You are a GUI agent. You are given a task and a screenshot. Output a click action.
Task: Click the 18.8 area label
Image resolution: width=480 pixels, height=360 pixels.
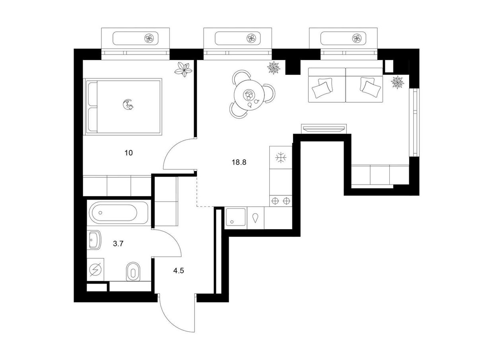point(239,162)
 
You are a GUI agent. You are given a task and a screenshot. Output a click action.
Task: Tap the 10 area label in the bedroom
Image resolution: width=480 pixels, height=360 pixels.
point(128,153)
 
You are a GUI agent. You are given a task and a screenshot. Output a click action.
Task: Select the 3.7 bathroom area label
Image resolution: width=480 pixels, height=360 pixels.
point(118,243)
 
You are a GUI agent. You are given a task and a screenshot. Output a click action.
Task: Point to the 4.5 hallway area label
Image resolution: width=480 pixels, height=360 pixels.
point(179,271)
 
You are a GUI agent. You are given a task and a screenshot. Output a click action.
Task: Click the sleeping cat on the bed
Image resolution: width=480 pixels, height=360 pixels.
point(128,104)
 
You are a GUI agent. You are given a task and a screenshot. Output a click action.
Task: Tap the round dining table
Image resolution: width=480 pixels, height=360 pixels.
point(249,95)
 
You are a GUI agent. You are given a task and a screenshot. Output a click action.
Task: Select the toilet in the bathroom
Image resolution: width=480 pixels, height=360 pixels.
point(133,271)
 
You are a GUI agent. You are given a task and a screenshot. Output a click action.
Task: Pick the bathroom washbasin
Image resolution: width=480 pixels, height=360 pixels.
point(95,240)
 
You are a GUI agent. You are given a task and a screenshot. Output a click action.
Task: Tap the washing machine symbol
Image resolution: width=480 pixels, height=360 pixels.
point(95,269)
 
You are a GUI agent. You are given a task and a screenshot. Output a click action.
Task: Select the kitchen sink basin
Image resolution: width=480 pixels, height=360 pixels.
point(235,217)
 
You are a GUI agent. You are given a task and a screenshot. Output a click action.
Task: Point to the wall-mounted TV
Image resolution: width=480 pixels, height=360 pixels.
point(323,128)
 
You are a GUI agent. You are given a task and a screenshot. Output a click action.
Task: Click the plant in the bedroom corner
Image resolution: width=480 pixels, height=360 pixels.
point(183,69)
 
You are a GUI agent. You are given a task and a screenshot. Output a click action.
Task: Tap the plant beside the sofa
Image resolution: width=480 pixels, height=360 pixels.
point(397,82)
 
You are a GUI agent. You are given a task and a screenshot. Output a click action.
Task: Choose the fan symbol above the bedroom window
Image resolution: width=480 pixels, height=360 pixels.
point(149,39)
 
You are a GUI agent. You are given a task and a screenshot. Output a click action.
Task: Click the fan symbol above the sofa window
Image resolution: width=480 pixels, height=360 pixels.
point(357,39)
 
